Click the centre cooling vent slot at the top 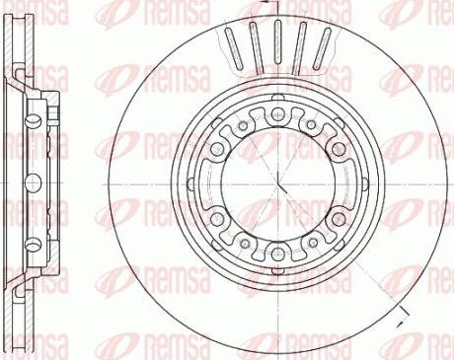tap(278, 45)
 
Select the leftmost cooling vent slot tap(234, 48)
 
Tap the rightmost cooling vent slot tap(322, 48)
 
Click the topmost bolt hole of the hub tap(278, 114)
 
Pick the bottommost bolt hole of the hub tap(278, 253)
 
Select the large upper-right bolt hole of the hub tap(339, 149)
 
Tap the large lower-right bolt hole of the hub tap(339, 219)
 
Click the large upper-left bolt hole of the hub tap(217, 149)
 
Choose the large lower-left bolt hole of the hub tap(217, 219)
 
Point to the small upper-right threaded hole tap(311, 125)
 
